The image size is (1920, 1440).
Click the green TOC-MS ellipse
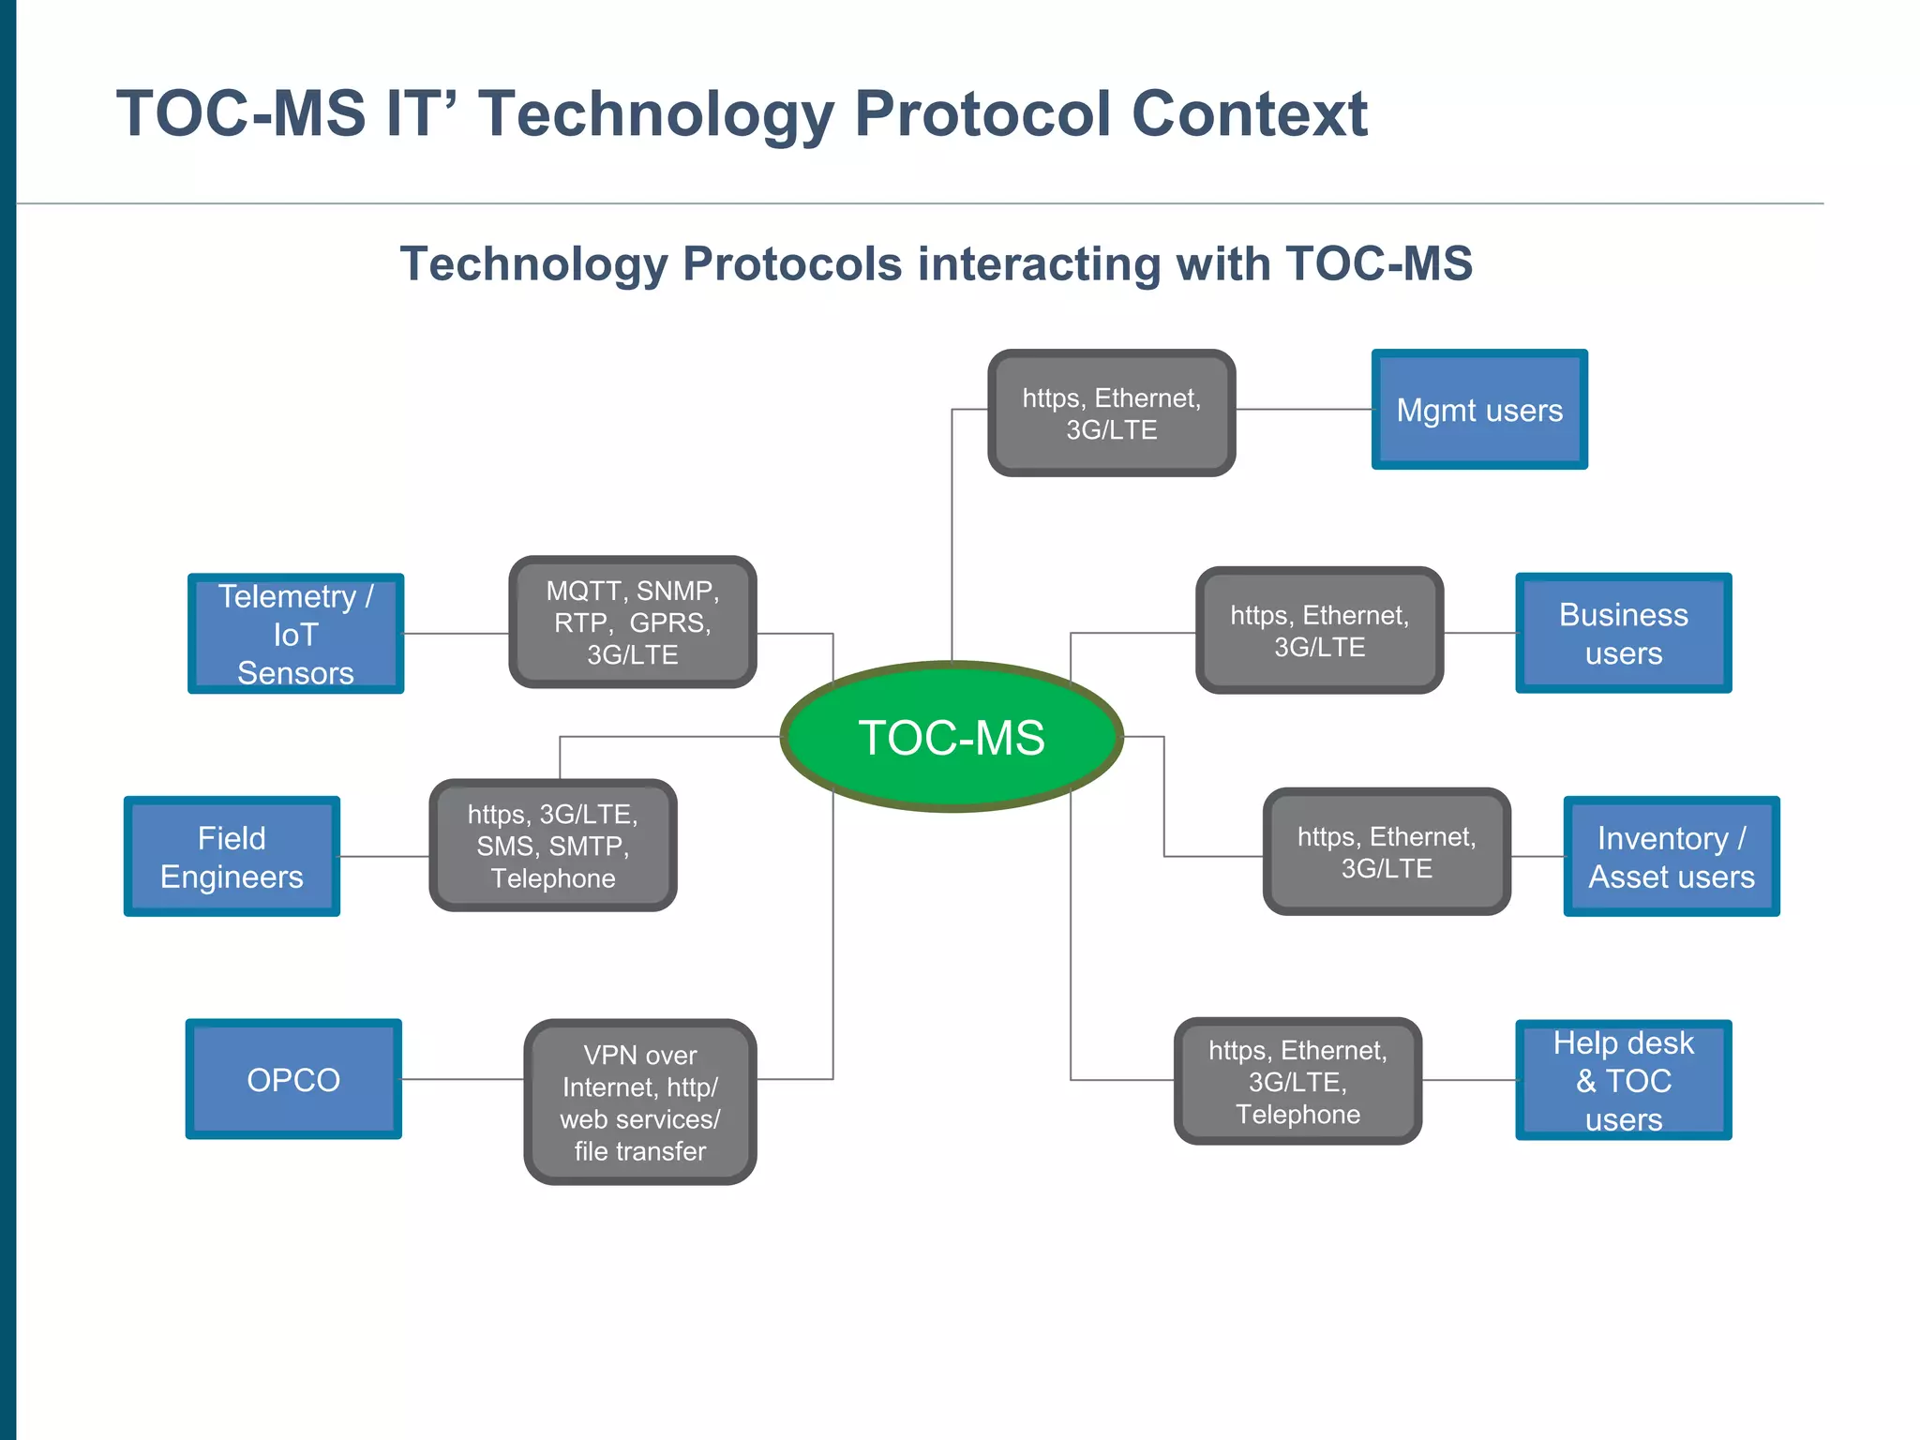[952, 737]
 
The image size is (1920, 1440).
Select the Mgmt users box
[1479, 410]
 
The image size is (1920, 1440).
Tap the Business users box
[1623, 633]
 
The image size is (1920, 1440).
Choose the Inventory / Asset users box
[1671, 856]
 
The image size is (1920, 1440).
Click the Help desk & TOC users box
[1623, 1080]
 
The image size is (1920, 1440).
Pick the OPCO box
[293, 1079]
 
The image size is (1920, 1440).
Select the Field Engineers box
[232, 856]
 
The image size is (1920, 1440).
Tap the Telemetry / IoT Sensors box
[295, 634]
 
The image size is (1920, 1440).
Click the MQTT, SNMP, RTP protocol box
[633, 622]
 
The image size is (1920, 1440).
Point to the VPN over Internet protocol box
[640, 1102]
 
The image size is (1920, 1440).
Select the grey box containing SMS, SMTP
[553, 846]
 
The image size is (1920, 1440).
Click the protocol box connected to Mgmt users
[1111, 413]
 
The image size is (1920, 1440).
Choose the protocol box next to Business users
[1319, 630]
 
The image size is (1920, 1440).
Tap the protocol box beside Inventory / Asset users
[1387, 851]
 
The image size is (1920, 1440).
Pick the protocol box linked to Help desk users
[1297, 1081]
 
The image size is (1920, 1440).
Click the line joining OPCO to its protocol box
[462, 1079]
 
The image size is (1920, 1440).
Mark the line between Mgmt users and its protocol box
[1303, 410]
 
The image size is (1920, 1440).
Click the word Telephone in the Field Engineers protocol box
[553, 878]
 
